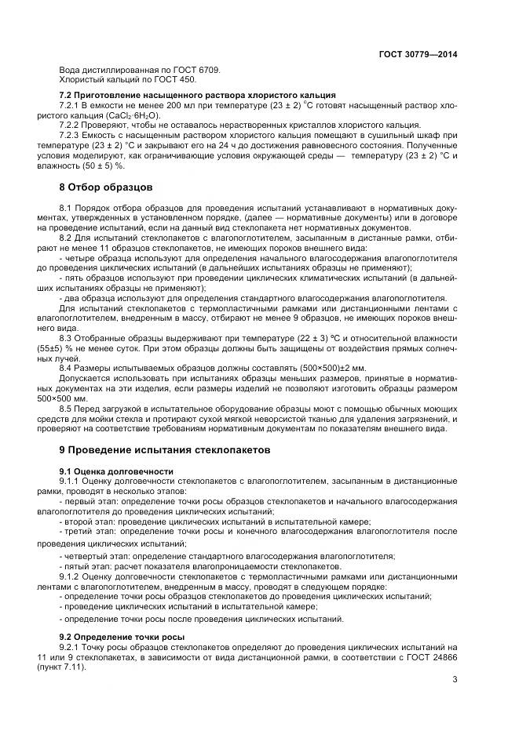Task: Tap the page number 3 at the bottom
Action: [x=455, y=691]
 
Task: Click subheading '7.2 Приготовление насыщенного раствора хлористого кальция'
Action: [x=198, y=94]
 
